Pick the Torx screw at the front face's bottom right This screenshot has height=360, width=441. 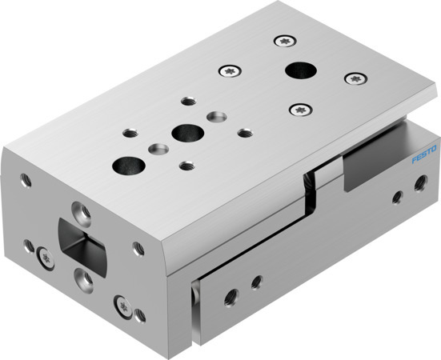tap(122, 304)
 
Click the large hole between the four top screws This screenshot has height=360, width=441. tap(301, 71)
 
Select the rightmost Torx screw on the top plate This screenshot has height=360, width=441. tap(354, 78)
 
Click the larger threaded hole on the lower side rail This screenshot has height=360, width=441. tap(256, 282)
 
